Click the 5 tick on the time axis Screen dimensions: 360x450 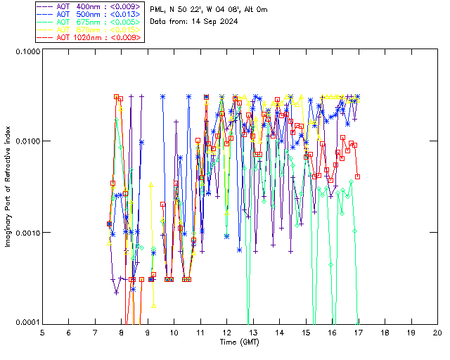[x=42, y=331]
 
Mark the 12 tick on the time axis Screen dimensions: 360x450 [x=226, y=331]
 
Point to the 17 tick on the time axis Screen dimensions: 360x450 [x=359, y=331]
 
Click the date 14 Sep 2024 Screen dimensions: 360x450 [x=214, y=22]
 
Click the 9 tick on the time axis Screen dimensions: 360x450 [x=148, y=331]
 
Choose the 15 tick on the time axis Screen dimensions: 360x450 [x=306, y=331]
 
